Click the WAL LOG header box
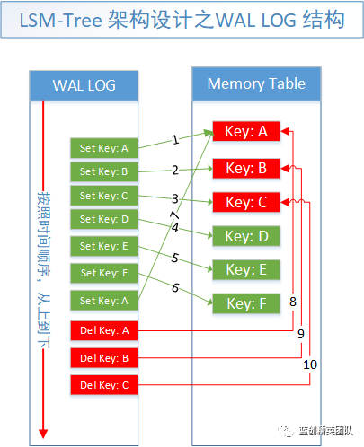(84, 85)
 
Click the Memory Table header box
(256, 83)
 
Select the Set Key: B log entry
(104, 171)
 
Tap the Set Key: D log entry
(104, 219)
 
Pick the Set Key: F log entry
(104, 273)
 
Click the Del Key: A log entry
(104, 330)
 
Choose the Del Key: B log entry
(104, 358)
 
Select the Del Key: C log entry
(104, 385)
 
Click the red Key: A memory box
(246, 131)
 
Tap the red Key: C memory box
(246, 202)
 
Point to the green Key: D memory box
(246, 236)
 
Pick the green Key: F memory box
(246, 303)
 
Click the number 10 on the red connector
(310, 364)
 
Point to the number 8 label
(293, 302)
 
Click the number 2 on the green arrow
(175, 171)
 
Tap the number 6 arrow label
(175, 287)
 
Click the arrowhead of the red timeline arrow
(43, 434)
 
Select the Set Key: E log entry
(104, 246)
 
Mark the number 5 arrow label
(175, 258)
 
